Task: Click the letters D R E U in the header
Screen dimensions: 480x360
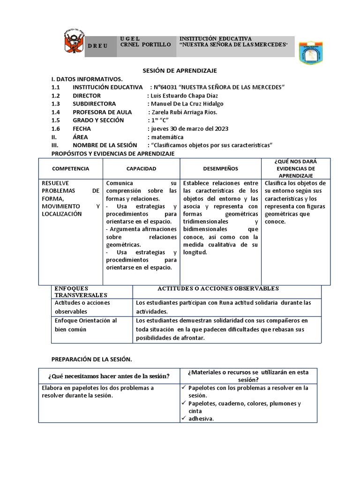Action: coord(98,46)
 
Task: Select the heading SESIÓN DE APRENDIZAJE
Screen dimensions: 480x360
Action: coord(180,70)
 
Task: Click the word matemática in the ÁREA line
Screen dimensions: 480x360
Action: coord(167,137)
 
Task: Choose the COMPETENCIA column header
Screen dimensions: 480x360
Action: coord(70,169)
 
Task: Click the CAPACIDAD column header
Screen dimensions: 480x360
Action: coord(141,169)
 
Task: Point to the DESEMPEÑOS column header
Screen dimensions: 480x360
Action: coord(220,169)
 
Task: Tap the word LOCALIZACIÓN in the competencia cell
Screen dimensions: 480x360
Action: coord(62,214)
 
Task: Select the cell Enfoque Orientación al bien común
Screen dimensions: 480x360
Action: coord(86,325)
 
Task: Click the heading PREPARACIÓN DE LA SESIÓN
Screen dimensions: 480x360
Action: coord(92,359)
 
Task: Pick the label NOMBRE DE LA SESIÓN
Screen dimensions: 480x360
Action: coord(105,145)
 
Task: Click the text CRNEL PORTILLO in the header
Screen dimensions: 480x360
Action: coord(145,45)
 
